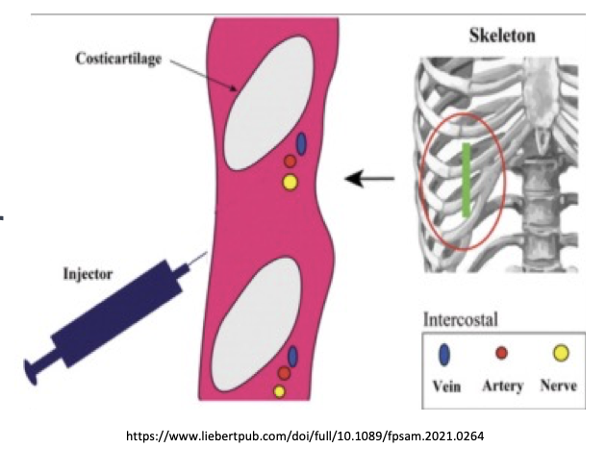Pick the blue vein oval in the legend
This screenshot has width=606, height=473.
point(443,356)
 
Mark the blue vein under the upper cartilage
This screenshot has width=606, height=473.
point(301,144)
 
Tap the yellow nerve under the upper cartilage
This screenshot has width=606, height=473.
point(290,181)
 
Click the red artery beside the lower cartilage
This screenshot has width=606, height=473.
point(285,373)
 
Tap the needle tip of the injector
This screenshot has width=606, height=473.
point(205,254)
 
